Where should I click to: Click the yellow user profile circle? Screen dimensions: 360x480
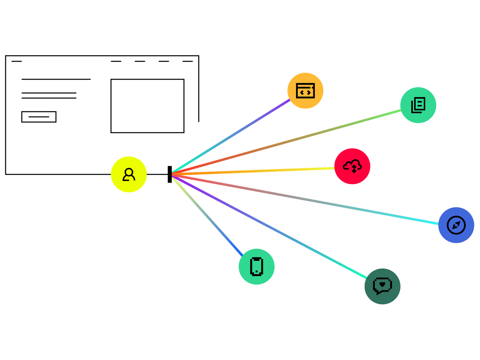point(129,175)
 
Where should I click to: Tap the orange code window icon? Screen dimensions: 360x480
point(305,91)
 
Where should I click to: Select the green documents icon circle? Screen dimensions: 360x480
point(418,105)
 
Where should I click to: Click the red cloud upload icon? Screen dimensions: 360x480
point(352,166)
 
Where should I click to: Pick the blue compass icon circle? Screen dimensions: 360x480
point(456,225)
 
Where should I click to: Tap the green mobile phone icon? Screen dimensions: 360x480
point(257,267)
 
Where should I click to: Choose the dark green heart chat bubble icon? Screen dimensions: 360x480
point(382,286)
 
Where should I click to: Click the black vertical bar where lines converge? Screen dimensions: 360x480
point(169,175)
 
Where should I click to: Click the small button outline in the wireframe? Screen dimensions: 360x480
point(39,117)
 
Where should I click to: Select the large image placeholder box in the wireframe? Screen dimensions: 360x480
point(147,106)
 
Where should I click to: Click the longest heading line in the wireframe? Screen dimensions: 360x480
point(56,79)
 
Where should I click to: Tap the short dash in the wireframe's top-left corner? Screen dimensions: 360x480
point(17,61)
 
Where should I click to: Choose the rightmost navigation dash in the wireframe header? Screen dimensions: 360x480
point(187,61)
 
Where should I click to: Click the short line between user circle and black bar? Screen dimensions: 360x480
point(157,175)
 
